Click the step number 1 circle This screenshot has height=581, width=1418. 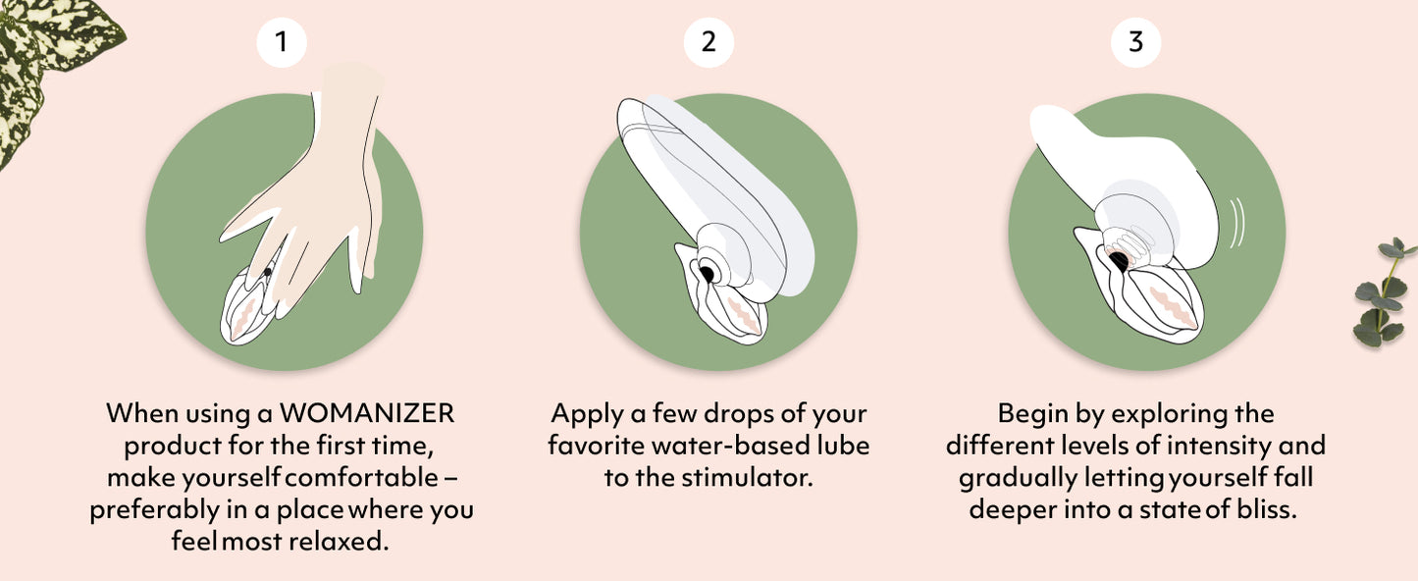coord(282,42)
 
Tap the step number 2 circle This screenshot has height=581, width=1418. coord(709,42)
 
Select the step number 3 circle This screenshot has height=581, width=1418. coord(1136,42)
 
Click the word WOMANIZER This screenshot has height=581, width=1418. coord(367,413)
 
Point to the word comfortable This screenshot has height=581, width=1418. coord(361,477)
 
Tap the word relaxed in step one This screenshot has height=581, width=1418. coord(339,541)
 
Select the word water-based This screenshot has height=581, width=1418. coord(730,446)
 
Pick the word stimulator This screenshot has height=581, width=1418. coord(747,477)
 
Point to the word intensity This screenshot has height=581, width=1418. coord(1219,447)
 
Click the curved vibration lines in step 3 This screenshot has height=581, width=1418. coord(1236,223)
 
